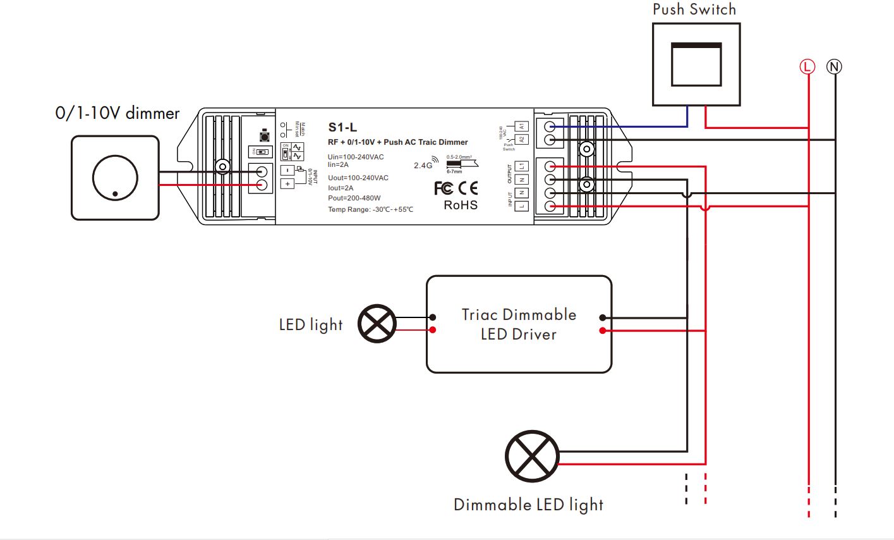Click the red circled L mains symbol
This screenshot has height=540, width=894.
[807, 66]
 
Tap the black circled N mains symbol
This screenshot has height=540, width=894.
[835, 66]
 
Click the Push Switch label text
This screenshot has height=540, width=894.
[694, 9]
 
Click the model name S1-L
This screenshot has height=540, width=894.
[342, 128]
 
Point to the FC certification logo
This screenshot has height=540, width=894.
[444, 188]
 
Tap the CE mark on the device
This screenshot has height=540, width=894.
[468, 188]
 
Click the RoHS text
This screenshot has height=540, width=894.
[461, 205]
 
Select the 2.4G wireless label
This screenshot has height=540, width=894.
[423, 165]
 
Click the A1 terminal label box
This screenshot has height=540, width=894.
[521, 126]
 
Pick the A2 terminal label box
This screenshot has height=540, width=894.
[521, 140]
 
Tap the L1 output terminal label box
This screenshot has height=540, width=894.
[521, 166]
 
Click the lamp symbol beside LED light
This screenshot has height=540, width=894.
[377, 324]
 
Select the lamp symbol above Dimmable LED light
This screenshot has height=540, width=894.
[532, 457]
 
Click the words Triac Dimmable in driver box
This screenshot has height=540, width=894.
[519, 315]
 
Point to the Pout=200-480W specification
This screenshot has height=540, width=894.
[354, 198]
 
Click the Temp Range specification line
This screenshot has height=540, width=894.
[370, 209]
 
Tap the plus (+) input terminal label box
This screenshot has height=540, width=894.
[287, 184]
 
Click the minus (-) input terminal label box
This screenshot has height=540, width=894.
[287, 171]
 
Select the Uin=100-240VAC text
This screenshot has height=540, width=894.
[356, 157]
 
